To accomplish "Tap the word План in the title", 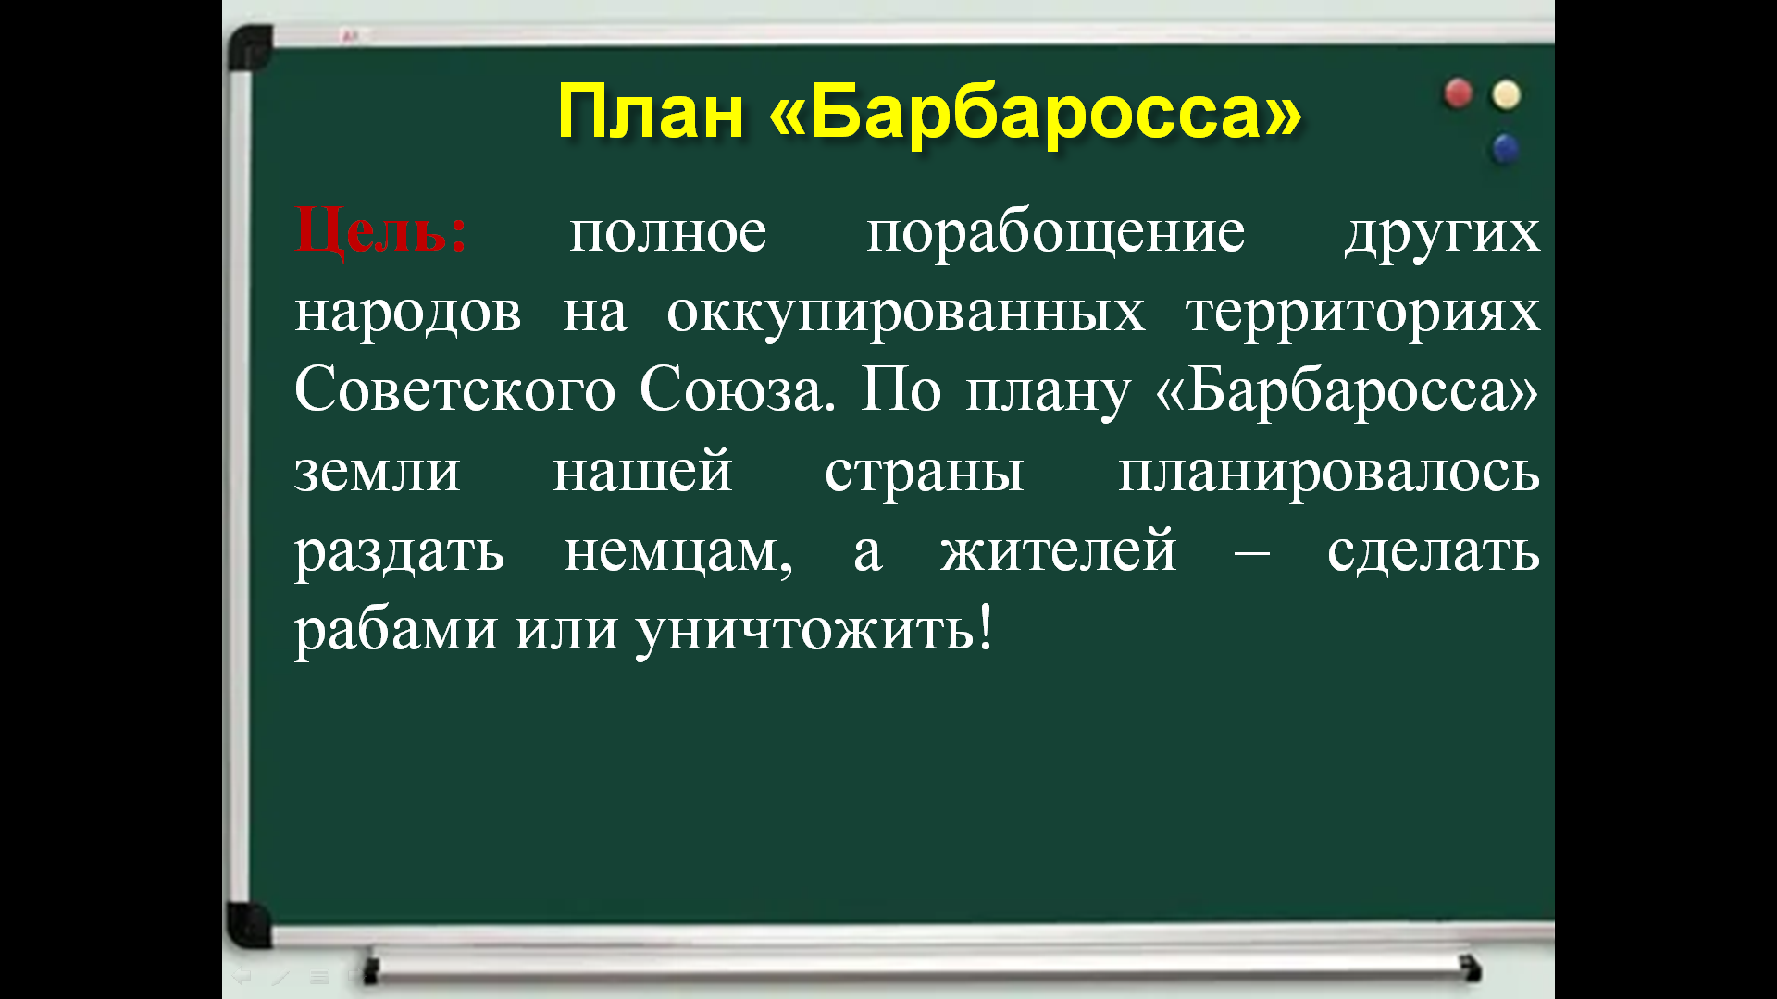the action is [651, 112].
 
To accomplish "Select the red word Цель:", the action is [381, 231].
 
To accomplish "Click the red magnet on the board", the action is [1458, 93].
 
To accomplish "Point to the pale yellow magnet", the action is [1507, 94].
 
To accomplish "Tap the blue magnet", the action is [1506, 148].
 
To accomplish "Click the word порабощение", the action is [1056, 234].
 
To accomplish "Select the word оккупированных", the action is [906, 313].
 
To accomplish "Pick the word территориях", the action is [1363, 313].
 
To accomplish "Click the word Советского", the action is [455, 389].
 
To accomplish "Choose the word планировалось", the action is [1329, 471].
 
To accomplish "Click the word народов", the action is [408, 313].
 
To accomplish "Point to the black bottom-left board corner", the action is [247, 925].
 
